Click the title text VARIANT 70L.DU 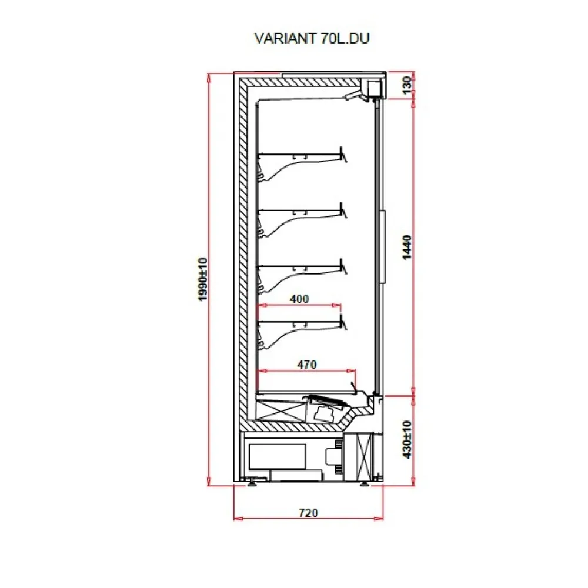pos(312,38)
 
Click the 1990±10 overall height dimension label pos(203,279)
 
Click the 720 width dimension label pos(308,513)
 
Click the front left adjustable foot pos(253,483)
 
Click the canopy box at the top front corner pos(373,88)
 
